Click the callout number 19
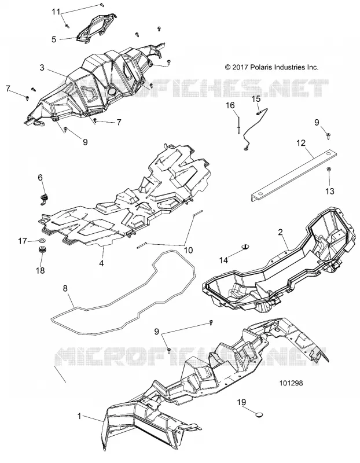tap(241, 402)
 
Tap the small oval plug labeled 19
tap(259, 415)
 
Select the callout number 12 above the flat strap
tap(301, 143)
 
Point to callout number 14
tap(223, 260)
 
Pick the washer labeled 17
tap(42, 241)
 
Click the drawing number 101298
tap(291, 383)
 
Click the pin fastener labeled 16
tap(238, 125)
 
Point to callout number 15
tap(256, 98)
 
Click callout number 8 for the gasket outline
tap(65, 288)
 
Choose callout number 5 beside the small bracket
tap(54, 39)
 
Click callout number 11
tap(56, 12)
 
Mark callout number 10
tap(188, 250)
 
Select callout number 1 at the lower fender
tap(79, 416)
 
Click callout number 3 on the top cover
tap(42, 68)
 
